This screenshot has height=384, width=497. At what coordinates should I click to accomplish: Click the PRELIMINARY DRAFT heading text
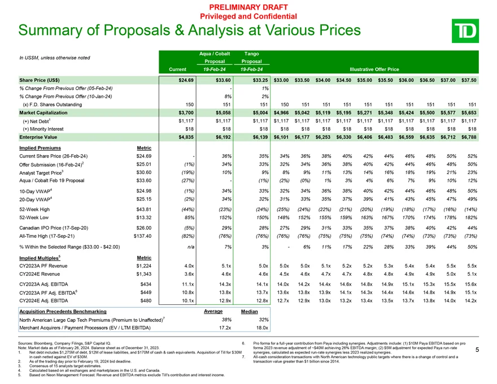pos(249,6)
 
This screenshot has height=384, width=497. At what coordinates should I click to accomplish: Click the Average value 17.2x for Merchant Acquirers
pos(210,328)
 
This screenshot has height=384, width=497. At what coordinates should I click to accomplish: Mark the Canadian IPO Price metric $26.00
pos(149,226)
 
